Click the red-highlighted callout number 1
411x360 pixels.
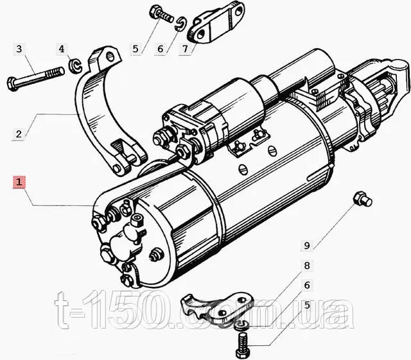click(x=19, y=182)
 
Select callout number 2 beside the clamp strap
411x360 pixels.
click(x=19, y=134)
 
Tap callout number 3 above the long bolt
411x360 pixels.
click(x=19, y=49)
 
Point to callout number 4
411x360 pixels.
click(x=62, y=49)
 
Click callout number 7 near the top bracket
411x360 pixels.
click(x=186, y=49)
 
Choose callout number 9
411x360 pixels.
click(x=307, y=245)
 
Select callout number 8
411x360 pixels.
click(x=307, y=266)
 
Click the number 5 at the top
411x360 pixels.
click(x=136, y=49)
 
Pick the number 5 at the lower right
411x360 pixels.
click(x=307, y=305)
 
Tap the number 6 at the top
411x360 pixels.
click(x=161, y=49)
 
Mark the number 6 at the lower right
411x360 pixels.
click(x=307, y=285)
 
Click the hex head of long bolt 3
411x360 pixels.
click(x=12, y=83)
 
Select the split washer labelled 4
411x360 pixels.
click(x=75, y=67)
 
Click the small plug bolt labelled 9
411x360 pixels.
click(x=362, y=199)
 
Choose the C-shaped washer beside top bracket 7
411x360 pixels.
click(x=180, y=24)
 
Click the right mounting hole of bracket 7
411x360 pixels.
click(x=238, y=12)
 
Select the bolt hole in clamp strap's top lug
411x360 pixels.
click(x=111, y=57)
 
